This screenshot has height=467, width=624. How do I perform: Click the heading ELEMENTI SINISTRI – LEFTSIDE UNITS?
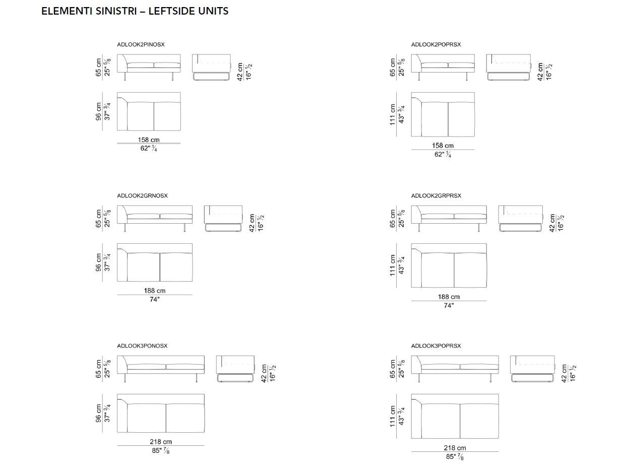[x=135, y=11]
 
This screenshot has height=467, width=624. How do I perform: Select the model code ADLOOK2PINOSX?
[x=141, y=45]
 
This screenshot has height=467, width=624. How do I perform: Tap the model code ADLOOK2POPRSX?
[x=435, y=45]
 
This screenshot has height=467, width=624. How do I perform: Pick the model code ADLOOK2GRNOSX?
[x=142, y=195]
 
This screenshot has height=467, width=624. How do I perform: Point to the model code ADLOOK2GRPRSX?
[x=436, y=195]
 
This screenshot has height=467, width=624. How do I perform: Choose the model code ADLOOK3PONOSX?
[x=142, y=346]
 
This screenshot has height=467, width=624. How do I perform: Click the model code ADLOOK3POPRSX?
[x=436, y=346]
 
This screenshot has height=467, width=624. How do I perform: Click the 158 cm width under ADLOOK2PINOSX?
[x=149, y=140]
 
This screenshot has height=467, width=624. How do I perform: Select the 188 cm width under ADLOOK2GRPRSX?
[x=449, y=297]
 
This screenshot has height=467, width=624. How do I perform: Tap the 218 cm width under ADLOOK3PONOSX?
[x=161, y=442]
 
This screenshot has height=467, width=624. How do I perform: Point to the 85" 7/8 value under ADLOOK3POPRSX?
[x=455, y=457]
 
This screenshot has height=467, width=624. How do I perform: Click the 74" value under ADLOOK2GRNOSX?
[x=154, y=299]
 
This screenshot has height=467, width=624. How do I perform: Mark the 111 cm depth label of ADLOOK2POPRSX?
[x=393, y=114]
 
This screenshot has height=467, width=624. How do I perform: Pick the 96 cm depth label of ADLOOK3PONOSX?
[x=99, y=413]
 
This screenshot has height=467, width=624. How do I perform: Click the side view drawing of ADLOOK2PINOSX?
[x=211, y=67]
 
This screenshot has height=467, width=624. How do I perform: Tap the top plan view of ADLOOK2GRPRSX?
[x=449, y=265]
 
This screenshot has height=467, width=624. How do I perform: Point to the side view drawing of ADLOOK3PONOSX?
[x=235, y=368]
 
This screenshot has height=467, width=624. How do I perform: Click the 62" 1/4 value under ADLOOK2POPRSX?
[x=443, y=155]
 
